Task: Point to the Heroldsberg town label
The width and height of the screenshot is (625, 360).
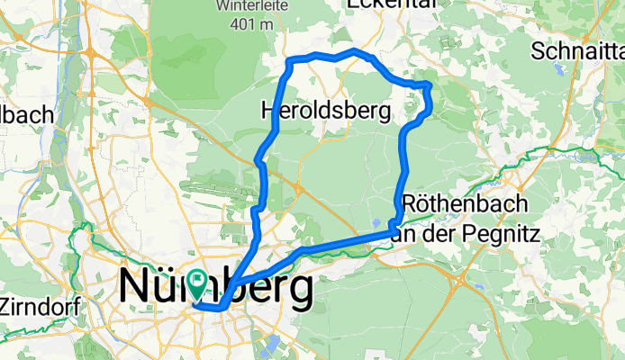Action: [x=325, y=112]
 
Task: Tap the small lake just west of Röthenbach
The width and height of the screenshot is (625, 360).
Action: [x=376, y=222]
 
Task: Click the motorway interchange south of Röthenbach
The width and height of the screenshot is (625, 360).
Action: [x=459, y=280]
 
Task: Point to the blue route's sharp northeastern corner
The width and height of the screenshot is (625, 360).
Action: [x=429, y=85]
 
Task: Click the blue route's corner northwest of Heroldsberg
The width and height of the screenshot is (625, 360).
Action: [x=289, y=62]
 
